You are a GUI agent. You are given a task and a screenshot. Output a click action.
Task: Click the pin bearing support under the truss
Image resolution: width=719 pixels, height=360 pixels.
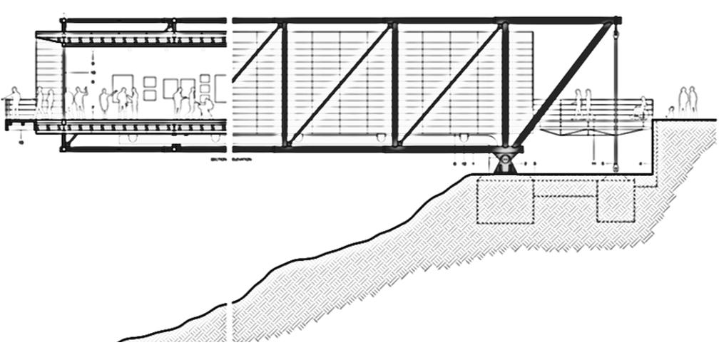click(x=505, y=160)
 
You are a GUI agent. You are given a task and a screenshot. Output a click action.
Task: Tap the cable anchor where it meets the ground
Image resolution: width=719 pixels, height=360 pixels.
click(x=613, y=169)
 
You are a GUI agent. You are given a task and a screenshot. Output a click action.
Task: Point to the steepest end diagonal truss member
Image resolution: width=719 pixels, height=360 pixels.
click(x=564, y=86)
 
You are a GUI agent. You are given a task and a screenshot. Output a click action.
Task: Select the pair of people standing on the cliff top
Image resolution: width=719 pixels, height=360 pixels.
click(x=688, y=101)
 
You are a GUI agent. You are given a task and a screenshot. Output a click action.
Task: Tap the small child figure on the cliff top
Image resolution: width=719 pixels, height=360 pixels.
click(x=670, y=111)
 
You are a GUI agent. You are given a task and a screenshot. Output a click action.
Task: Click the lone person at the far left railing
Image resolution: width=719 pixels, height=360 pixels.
click(x=14, y=102)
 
